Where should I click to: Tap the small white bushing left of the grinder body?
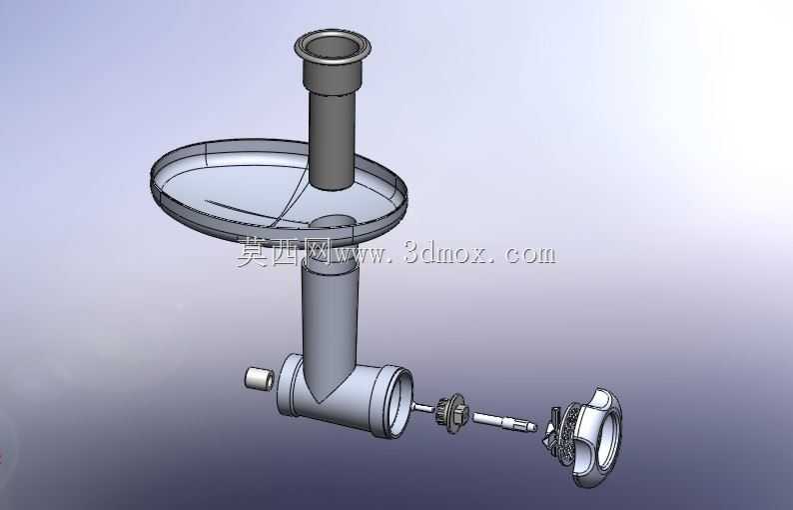pos(259,379)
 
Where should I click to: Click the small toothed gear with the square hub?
pos(452,412)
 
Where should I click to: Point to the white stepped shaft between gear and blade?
pos(504,421)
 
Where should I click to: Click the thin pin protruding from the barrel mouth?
pos(422,407)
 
